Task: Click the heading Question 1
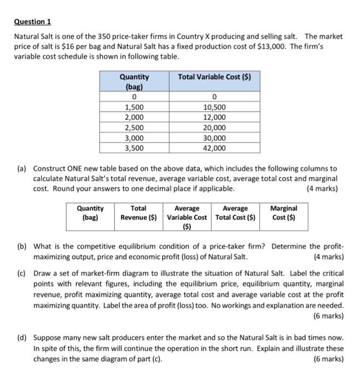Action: coord(32,21)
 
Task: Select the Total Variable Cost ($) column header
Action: coord(214,77)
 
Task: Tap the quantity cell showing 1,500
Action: coord(135,108)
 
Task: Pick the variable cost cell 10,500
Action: coord(214,108)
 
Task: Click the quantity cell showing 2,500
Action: coord(135,127)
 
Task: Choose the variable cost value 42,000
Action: coord(214,148)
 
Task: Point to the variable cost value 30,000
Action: coord(214,138)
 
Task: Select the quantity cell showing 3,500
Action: coord(135,148)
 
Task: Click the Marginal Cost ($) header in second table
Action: coord(284,212)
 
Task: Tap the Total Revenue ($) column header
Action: coord(138,212)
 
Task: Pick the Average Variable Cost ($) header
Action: coord(187,217)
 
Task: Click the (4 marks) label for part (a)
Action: coord(323,189)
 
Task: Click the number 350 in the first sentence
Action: coord(104,37)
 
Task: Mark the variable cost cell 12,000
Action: coord(214,118)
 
